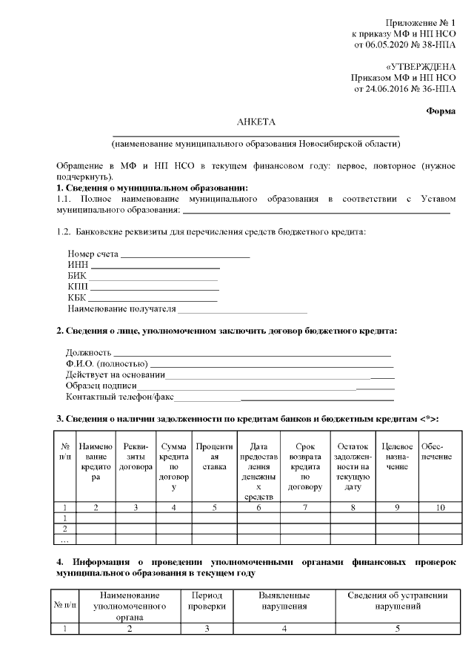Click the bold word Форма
(441, 111)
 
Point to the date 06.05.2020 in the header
(390, 44)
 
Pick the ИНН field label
(78, 265)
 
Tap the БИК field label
(77, 276)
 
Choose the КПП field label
(78, 286)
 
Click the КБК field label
(77, 297)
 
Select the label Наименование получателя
(121, 308)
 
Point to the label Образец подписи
(101, 386)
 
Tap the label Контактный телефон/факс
(119, 397)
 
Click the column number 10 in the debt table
(441, 507)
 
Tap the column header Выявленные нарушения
(284, 601)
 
